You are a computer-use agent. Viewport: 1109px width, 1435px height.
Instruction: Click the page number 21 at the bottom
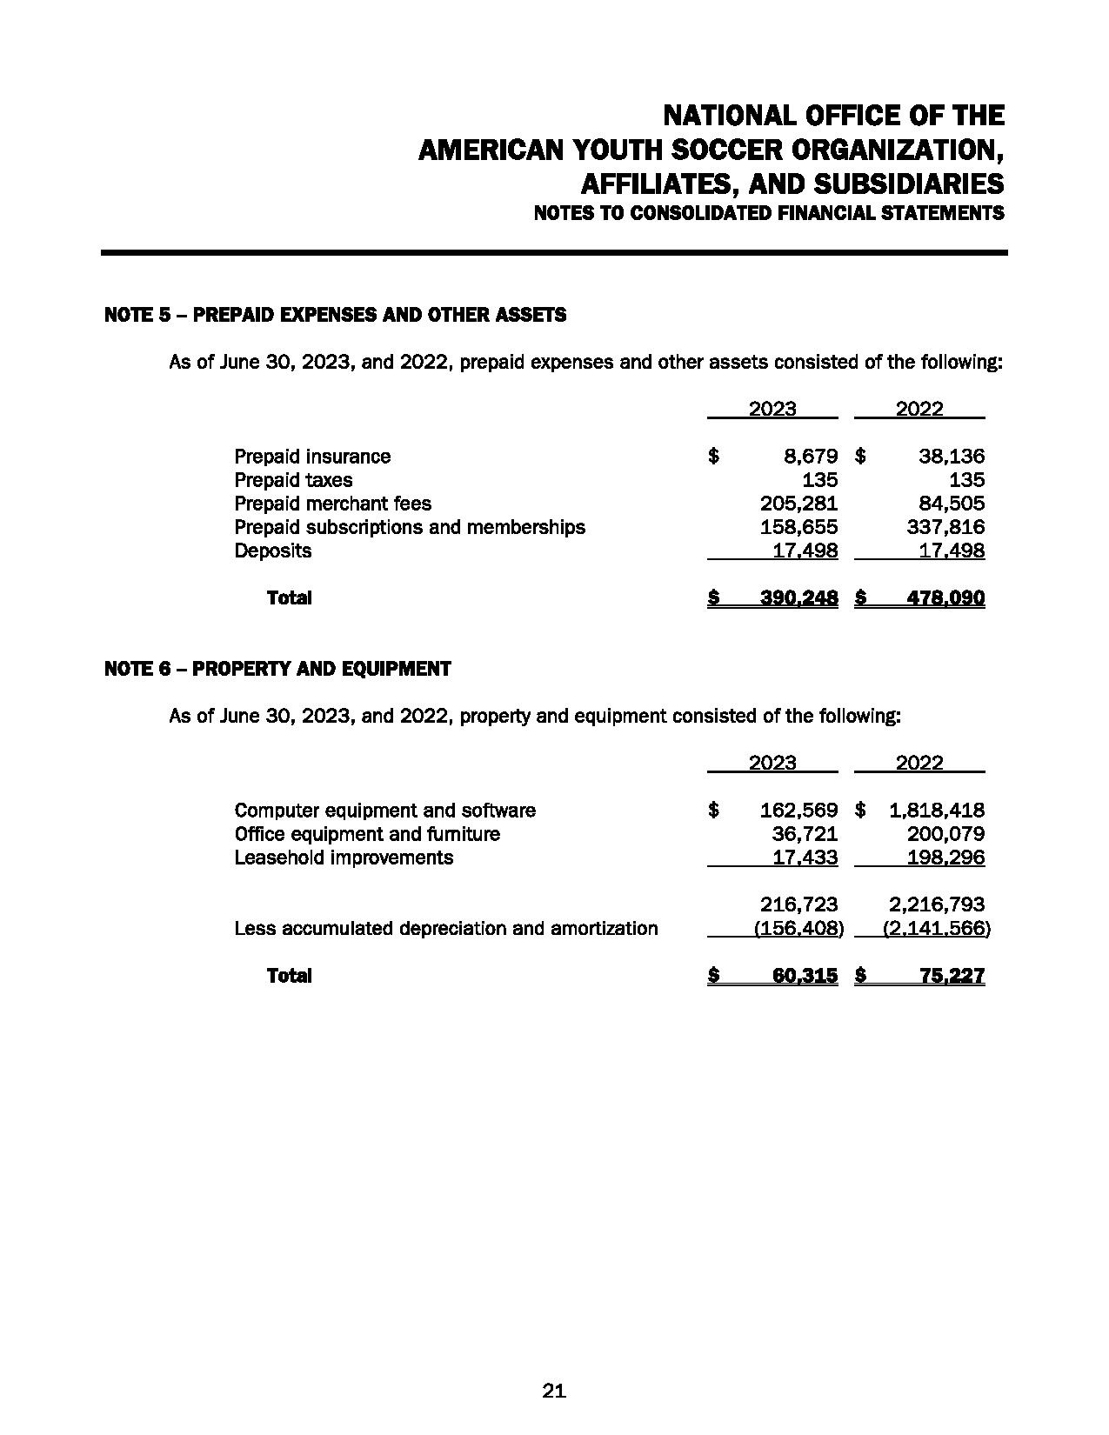tap(554, 1391)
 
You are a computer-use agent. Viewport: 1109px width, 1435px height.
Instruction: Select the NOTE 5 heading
tap(335, 315)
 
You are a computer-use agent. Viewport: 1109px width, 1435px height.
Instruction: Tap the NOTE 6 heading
tap(277, 669)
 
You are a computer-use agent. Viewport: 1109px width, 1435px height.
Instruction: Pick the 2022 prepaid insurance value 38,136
tap(952, 457)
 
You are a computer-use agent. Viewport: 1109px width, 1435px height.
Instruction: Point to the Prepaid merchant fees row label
tap(332, 504)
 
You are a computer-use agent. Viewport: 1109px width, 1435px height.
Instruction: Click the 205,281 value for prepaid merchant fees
tap(798, 504)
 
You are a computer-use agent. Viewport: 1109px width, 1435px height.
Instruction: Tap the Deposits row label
tap(272, 551)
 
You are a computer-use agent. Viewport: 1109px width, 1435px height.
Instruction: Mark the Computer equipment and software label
tap(384, 811)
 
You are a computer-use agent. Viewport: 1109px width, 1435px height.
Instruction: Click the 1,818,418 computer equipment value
tap(937, 811)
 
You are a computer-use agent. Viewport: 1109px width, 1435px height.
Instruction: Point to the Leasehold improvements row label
tap(344, 858)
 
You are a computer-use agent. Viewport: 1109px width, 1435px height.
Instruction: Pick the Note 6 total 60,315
tap(805, 976)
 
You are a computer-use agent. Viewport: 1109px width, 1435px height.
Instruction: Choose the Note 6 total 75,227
tap(952, 976)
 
